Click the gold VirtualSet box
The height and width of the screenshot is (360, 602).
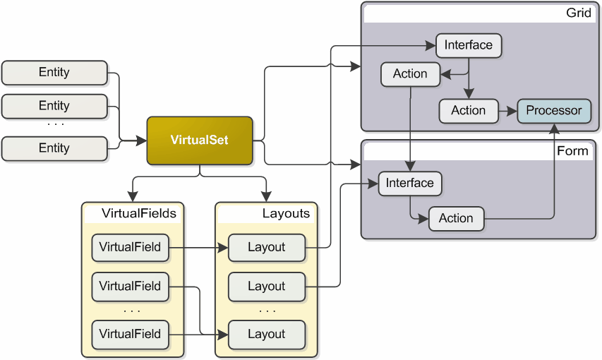click(200, 140)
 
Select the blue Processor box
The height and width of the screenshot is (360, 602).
click(554, 111)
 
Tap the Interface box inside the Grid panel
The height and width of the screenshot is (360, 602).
click(468, 46)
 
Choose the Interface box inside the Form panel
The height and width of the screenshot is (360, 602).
click(409, 184)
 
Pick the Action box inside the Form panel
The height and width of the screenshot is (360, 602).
click(456, 219)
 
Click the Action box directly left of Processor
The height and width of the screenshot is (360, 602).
click(468, 111)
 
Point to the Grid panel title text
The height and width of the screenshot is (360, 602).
click(579, 13)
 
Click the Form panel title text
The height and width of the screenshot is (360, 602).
click(572, 151)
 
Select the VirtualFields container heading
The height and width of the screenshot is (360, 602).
click(139, 213)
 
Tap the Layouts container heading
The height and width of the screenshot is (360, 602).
click(286, 213)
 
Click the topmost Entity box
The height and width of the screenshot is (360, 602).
click(54, 73)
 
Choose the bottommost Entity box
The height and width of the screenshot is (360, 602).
click(54, 148)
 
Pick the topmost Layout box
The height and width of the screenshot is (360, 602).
click(266, 248)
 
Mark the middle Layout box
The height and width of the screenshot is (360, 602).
click(266, 287)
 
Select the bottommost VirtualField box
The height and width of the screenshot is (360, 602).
click(130, 334)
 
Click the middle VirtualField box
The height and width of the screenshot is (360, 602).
click(130, 287)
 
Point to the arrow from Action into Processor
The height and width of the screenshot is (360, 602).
click(507, 111)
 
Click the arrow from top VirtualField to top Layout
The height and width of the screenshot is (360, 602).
click(198, 248)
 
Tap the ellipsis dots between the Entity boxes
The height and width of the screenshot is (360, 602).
click(55, 125)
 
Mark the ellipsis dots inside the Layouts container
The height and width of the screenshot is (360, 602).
click(267, 311)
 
